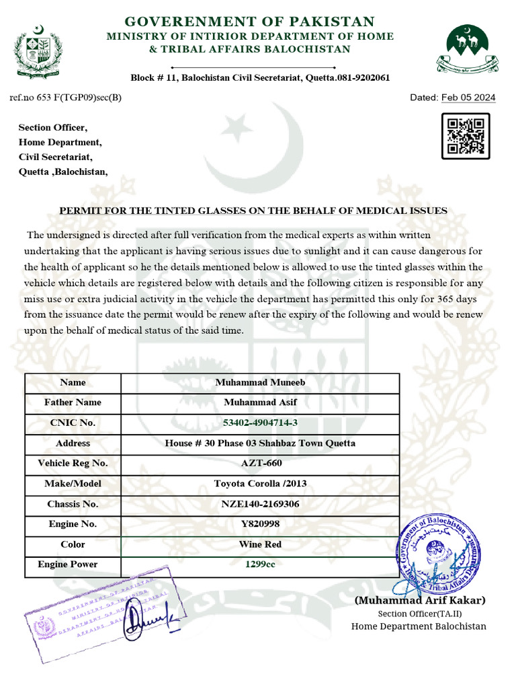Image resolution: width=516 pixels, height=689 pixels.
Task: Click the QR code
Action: click(x=465, y=136)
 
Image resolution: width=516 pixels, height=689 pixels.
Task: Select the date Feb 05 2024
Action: click(x=468, y=98)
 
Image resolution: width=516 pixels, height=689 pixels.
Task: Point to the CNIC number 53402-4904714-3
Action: click(x=260, y=423)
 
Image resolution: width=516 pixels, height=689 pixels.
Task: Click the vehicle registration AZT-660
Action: click(x=260, y=463)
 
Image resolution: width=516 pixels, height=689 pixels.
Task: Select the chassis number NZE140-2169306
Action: click(x=260, y=503)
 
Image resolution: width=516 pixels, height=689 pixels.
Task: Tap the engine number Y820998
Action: click(x=260, y=523)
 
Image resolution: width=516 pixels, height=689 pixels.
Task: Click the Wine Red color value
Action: click(x=260, y=544)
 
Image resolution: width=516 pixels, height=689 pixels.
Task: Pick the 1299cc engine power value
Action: click(x=260, y=564)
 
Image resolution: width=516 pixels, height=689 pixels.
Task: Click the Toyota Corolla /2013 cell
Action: click(x=260, y=483)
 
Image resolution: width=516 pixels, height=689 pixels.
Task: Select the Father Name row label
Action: click(x=73, y=402)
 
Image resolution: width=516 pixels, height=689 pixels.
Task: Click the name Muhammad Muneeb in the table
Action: click(x=260, y=382)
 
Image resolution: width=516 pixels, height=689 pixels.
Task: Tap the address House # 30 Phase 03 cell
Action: click(x=260, y=443)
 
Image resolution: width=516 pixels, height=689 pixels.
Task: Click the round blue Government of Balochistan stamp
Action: click(x=439, y=556)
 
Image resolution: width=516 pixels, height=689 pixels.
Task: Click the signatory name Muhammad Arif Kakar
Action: click(x=420, y=600)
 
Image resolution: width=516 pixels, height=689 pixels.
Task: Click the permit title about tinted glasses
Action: click(x=253, y=211)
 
